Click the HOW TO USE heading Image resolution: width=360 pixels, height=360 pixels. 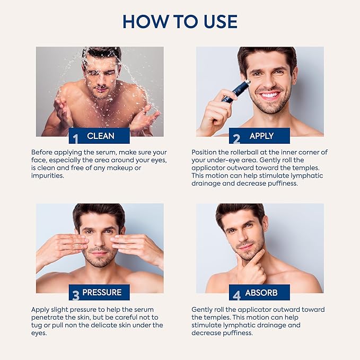point(180,21)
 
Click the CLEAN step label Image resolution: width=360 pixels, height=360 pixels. point(101,136)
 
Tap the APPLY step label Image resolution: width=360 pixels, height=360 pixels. point(261,136)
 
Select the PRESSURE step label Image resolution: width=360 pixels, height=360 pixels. point(102,292)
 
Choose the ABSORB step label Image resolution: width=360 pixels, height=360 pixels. point(262,292)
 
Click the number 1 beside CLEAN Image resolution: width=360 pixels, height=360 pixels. point(75,138)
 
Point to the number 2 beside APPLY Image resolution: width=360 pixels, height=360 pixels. point(236,138)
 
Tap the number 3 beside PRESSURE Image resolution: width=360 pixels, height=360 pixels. point(75,294)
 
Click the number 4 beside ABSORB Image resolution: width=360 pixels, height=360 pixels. point(236,294)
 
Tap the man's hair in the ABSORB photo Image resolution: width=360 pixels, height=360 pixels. point(240,210)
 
